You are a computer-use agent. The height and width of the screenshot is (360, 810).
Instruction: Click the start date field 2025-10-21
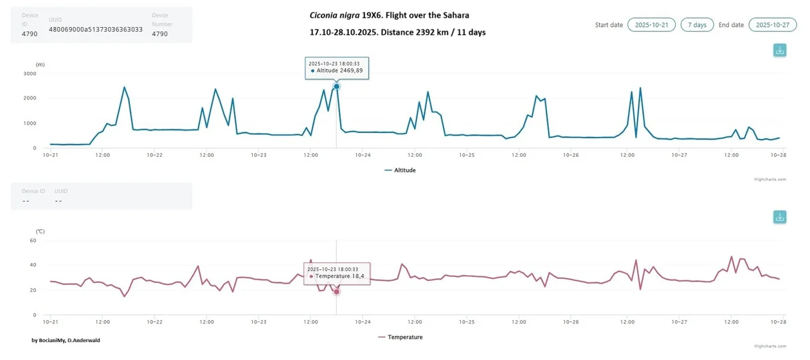(651, 25)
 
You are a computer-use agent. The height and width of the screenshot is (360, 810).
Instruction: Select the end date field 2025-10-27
(772, 25)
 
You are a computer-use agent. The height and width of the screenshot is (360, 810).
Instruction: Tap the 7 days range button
(697, 25)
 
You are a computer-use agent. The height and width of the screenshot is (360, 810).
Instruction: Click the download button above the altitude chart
(779, 50)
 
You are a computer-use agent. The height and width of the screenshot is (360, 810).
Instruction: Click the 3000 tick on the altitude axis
(30, 73)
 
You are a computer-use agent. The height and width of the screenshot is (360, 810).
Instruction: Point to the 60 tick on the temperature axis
(32, 240)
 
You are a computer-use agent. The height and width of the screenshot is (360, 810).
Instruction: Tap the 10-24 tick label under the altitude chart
(363, 155)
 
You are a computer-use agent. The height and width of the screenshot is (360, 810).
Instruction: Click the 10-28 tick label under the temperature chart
(779, 321)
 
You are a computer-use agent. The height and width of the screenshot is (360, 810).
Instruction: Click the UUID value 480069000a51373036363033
(96, 30)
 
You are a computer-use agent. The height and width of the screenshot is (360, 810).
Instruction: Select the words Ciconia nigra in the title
(334, 15)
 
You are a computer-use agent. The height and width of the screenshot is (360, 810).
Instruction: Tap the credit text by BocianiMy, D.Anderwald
(66, 340)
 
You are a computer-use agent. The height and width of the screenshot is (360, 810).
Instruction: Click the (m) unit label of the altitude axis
(40, 64)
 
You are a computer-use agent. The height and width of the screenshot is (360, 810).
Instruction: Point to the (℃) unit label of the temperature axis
(40, 230)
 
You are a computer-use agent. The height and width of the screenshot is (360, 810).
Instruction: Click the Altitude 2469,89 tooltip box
(337, 67)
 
